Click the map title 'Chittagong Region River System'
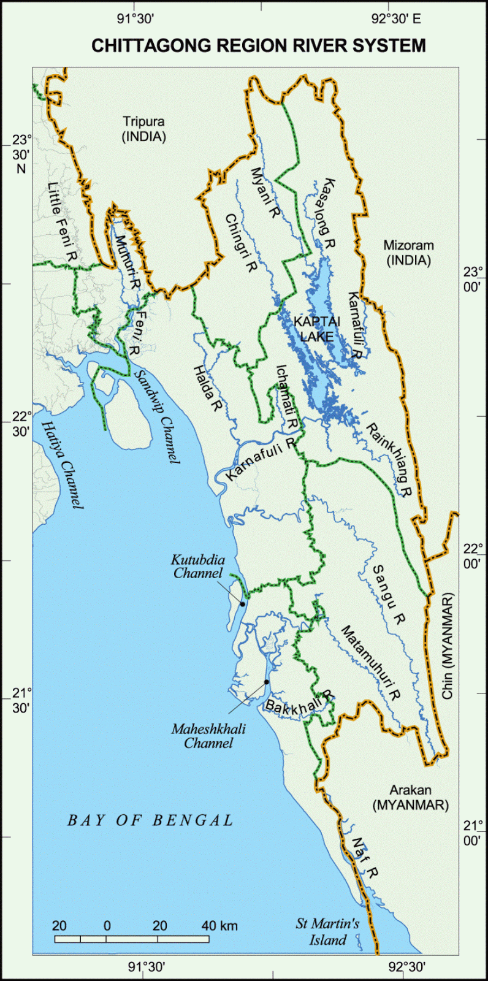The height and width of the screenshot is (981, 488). point(258,46)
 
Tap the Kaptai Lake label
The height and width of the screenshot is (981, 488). point(314,329)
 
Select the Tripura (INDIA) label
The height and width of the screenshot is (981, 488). point(144,129)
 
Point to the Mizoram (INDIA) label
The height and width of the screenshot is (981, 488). point(408,253)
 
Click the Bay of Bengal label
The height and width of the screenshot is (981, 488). point(151,820)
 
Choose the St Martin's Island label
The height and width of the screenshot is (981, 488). point(327,932)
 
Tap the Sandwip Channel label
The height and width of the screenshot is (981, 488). point(157,416)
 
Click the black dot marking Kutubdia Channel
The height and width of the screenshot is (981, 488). point(243,605)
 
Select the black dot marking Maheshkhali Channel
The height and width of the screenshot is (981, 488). point(267,682)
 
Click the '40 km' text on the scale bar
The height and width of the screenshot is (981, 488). point(219,926)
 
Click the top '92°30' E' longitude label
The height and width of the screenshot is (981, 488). point(397,19)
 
